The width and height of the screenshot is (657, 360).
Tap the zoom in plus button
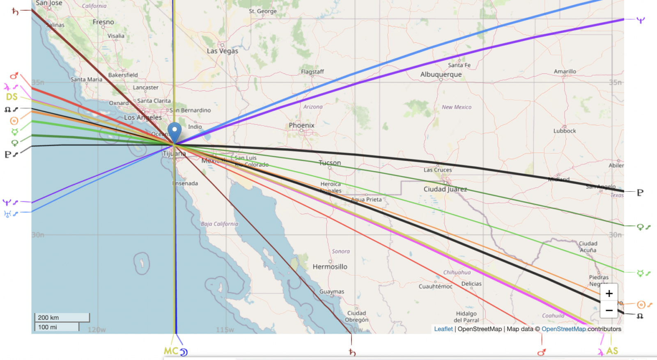[609, 293]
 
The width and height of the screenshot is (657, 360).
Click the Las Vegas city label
[222, 51]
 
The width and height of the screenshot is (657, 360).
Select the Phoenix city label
[301, 125]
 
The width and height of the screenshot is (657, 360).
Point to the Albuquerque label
[441, 74]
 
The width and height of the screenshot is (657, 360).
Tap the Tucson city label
[330, 163]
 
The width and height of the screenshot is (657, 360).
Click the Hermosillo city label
[330, 267]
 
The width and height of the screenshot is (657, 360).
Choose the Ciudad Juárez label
[445, 189]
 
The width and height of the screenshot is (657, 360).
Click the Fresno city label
[103, 22]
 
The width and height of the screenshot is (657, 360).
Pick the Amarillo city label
[565, 71]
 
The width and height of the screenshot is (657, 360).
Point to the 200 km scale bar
[62, 317]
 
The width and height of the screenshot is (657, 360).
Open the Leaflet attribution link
[443, 329]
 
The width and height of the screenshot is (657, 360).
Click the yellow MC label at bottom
[171, 351]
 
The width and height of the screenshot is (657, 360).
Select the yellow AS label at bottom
[612, 351]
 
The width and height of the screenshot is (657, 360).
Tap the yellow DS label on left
[12, 97]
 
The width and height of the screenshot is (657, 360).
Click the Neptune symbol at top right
[640, 20]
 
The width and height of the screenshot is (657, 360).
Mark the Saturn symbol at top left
[15, 11]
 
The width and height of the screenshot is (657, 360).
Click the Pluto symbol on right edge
[640, 193]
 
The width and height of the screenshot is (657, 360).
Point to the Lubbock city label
[564, 131]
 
